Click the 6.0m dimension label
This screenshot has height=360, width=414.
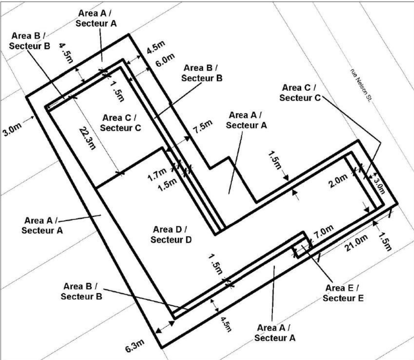[x=165, y=60]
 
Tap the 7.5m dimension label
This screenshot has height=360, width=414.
[x=203, y=127]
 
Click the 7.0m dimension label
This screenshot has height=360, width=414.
[x=324, y=232]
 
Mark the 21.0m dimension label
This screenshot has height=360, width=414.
[x=356, y=243]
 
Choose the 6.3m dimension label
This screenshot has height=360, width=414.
[x=135, y=347]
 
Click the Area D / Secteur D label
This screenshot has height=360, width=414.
[x=170, y=235]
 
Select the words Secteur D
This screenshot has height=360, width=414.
[x=171, y=240]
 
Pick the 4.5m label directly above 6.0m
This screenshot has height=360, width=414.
[x=155, y=48]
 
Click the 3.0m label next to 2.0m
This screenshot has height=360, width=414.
[x=379, y=185]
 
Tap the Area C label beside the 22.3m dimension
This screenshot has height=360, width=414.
[x=120, y=122]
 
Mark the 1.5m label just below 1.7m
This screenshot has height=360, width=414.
[x=167, y=185]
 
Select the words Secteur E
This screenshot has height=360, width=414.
[x=343, y=298]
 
